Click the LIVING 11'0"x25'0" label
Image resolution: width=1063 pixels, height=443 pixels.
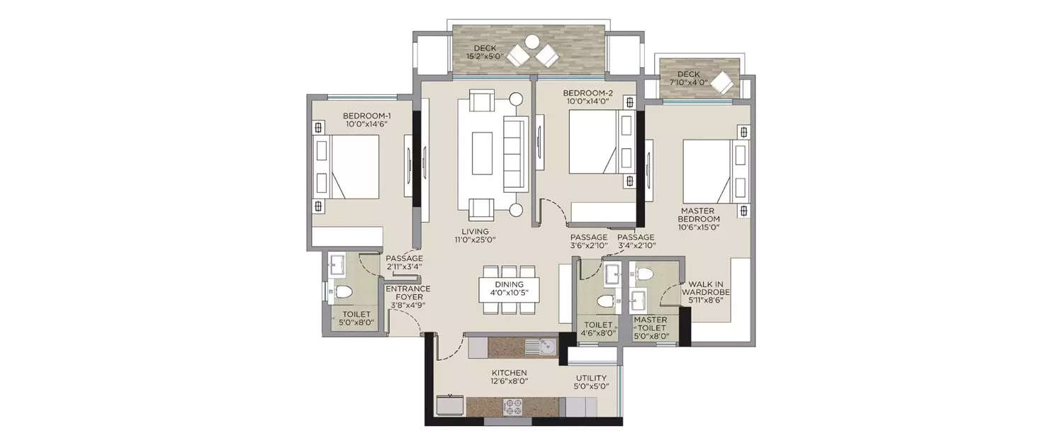point(475,235)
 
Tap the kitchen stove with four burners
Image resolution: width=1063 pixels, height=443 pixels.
point(513,407)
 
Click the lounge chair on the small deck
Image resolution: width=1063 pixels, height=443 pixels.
point(723,83)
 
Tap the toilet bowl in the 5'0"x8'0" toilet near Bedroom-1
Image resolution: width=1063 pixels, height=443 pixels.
point(344,291)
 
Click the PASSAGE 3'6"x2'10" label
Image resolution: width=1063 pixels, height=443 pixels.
point(588,242)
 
